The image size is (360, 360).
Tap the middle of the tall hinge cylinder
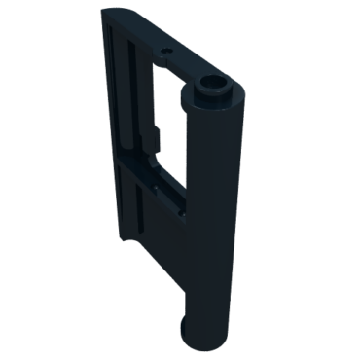coord(216,214)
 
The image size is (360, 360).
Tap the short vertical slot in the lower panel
coord(140,219)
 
